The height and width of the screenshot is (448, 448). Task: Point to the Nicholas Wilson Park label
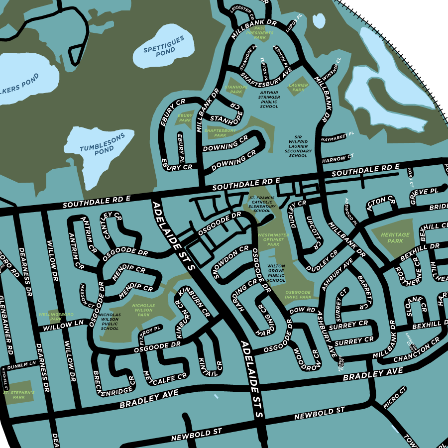tap(143, 310)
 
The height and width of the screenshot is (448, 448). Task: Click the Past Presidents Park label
tap(260, 33)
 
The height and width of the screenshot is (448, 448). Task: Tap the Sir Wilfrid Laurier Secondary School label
tap(298, 146)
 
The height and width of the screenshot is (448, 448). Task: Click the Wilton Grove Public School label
tap(276, 273)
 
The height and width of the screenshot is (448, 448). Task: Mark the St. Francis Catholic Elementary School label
tap(262, 204)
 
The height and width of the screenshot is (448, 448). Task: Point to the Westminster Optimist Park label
tap(273, 239)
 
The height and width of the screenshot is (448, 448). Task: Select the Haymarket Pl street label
tap(337, 136)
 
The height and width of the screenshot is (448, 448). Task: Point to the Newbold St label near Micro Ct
tap(319, 413)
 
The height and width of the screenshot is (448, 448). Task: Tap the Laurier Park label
tap(298, 88)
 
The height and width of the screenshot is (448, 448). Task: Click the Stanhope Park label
tap(233, 89)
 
